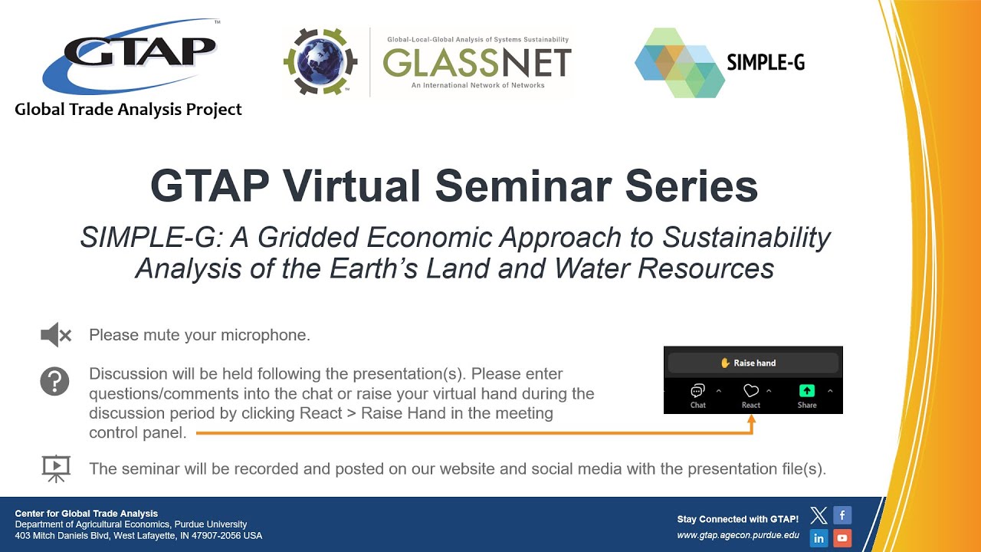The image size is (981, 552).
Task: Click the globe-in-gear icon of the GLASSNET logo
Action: [321, 62]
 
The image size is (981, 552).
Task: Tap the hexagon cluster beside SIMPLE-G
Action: [679, 63]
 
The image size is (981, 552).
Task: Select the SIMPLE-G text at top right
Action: [765, 63]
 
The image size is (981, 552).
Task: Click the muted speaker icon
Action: [55, 335]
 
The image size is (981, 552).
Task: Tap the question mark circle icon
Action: [55, 381]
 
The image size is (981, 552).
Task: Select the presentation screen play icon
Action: [55, 468]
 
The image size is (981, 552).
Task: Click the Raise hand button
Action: [751, 363]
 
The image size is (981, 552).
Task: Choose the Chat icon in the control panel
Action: [697, 392]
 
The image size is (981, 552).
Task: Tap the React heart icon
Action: [751, 392]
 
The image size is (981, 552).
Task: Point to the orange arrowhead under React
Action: [751, 420]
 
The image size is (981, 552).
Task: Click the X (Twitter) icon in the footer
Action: [819, 516]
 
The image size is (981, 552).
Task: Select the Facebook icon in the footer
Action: [842, 515]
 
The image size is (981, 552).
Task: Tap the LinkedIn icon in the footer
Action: [819, 538]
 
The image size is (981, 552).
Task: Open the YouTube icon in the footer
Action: [842, 538]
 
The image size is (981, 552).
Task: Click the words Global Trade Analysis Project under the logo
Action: [129, 110]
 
